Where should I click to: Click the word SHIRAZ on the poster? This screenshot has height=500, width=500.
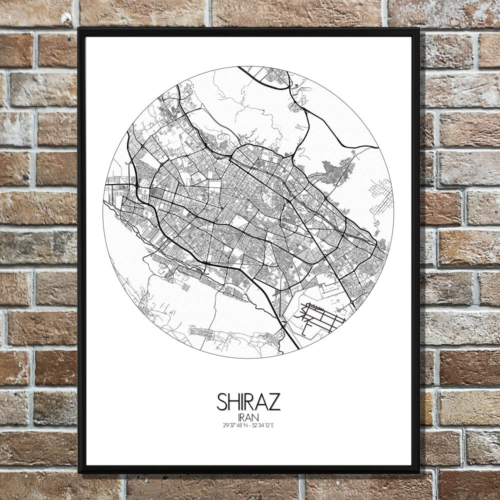pos(248,401)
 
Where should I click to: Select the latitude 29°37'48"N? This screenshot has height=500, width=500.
pos(234,425)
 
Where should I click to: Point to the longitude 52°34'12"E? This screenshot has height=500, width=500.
pos(263,425)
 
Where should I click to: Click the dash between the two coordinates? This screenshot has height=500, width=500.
pos(249,425)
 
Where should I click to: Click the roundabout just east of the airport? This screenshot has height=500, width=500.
pos(353,304)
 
